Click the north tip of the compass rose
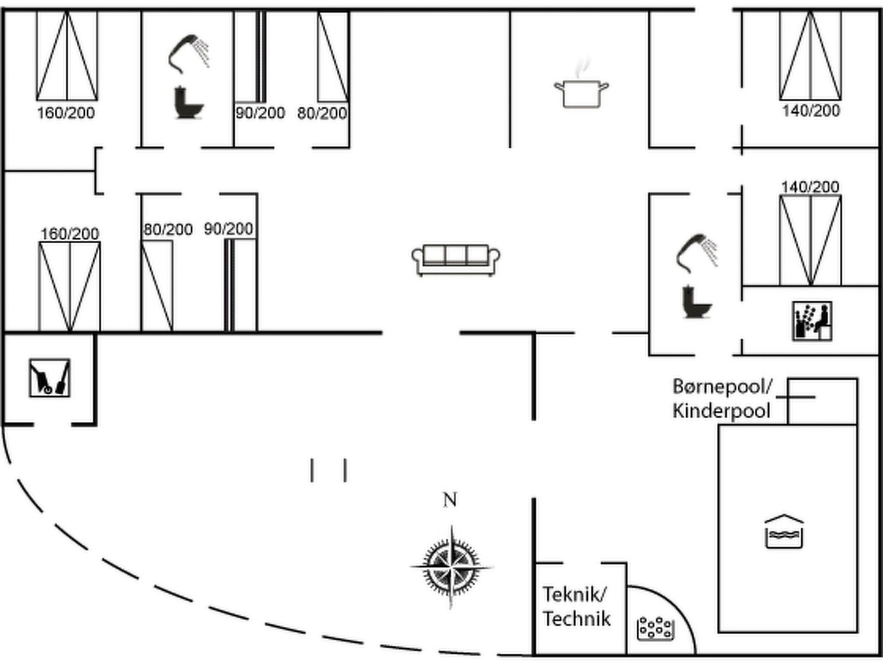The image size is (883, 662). coord(451,525)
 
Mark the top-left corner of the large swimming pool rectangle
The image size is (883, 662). coord(719,424)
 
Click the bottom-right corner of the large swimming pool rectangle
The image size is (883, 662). coord(857,632)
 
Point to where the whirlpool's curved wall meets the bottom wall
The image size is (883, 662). coord(696,654)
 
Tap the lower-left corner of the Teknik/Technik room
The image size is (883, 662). coord(535,654)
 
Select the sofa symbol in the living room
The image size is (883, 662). coord(456,260)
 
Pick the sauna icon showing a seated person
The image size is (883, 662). coord(812,321)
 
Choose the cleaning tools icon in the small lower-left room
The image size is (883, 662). coord(50,378)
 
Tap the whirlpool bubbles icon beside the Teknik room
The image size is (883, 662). coord(656,629)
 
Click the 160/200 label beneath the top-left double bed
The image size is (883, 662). coord(66,113)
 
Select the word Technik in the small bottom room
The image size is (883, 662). coord(577,619)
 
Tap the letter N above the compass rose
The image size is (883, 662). coord(450,500)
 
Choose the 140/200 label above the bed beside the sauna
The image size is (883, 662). coord(810,187)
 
